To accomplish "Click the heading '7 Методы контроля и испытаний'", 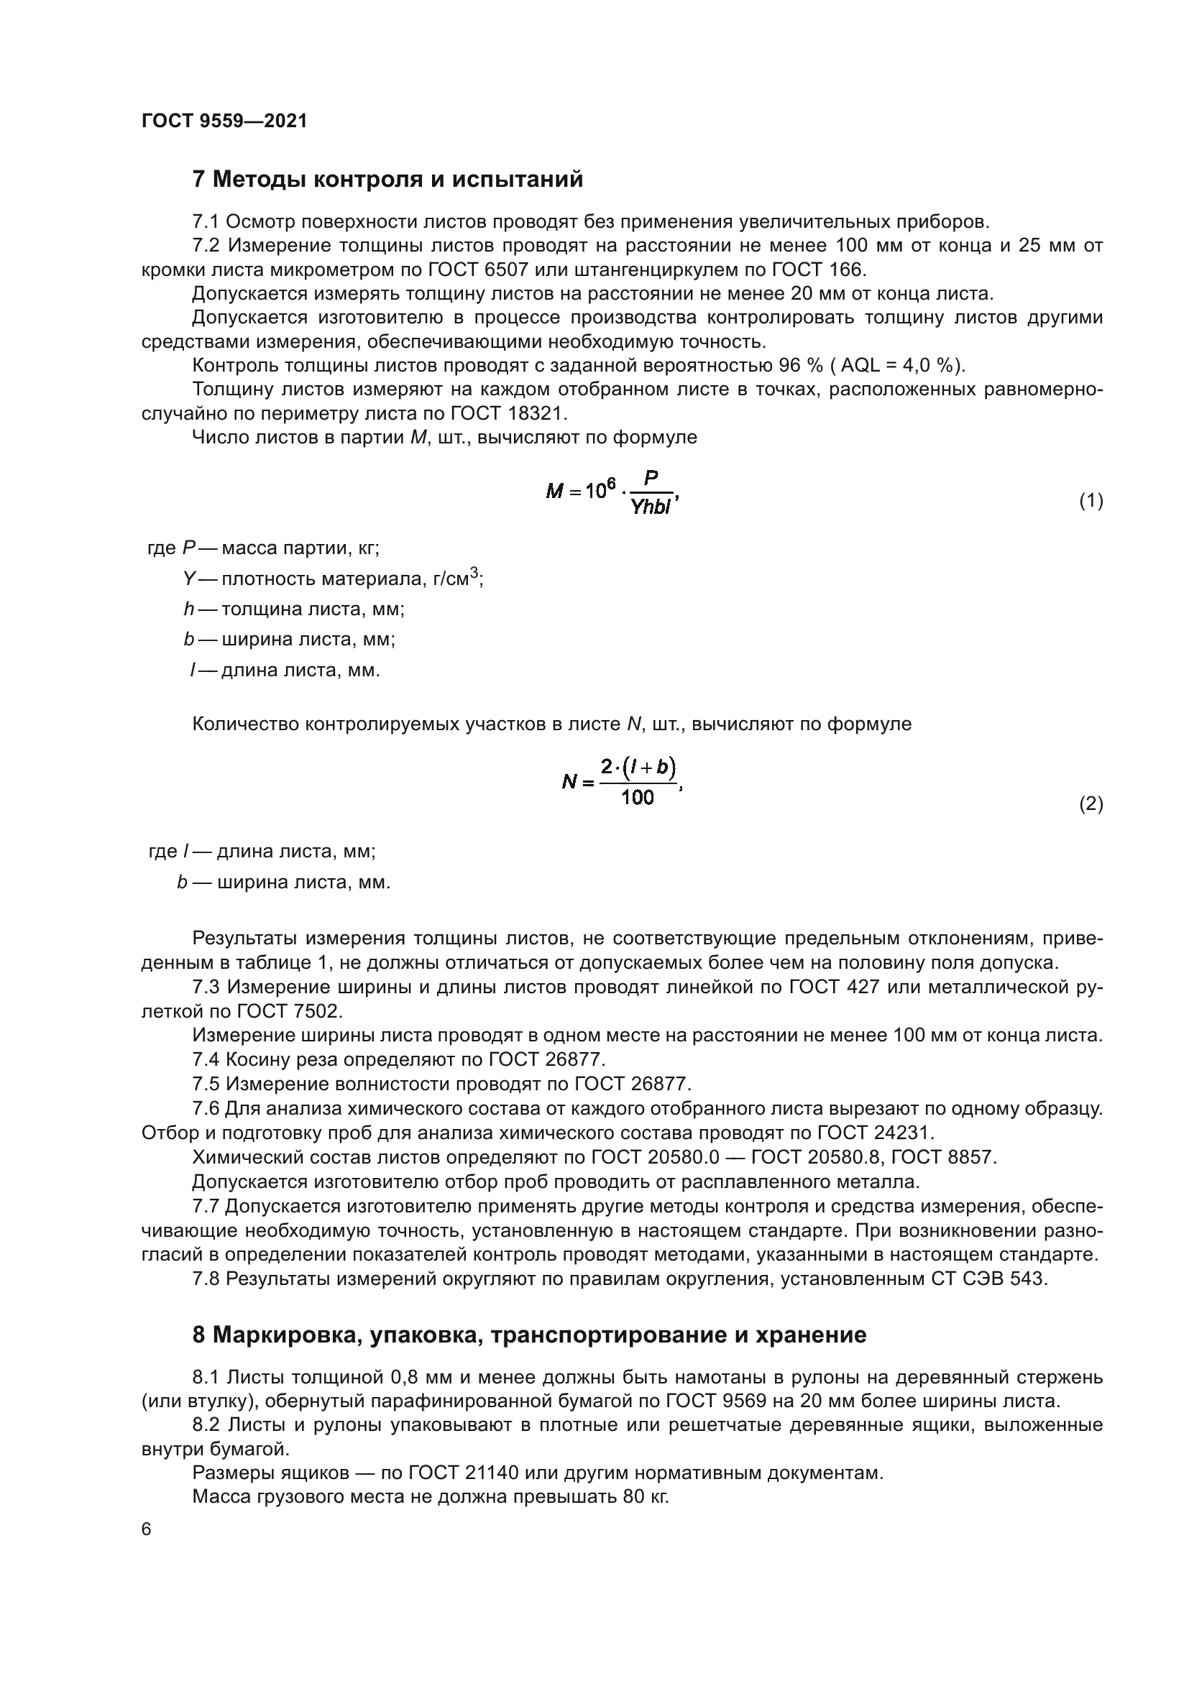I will click(x=387, y=180).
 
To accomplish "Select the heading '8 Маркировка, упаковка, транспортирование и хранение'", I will click(x=528, y=1335).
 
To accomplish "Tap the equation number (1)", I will click(x=1091, y=501).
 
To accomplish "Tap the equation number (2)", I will click(x=1091, y=805).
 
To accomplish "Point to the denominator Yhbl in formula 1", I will click(x=650, y=507).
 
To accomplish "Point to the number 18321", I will click(x=537, y=414).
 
